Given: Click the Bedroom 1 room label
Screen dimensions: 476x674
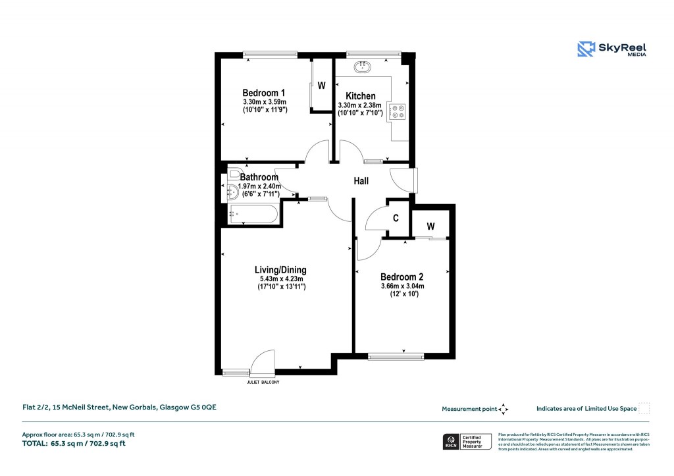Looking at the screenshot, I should click(x=263, y=92).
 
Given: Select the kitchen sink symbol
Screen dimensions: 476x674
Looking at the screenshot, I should click(x=363, y=66).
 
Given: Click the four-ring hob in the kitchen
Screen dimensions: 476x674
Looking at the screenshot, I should click(x=398, y=112).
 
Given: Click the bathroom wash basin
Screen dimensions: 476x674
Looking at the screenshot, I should click(x=234, y=192).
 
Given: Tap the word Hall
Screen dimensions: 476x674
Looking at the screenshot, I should click(x=361, y=181).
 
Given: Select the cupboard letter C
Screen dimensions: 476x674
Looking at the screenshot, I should click(x=396, y=218).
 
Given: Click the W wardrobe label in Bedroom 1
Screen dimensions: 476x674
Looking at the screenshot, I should click(x=322, y=86).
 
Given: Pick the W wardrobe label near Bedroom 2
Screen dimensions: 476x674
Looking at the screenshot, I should click(x=430, y=226).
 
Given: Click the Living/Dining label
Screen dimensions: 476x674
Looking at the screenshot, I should click(x=280, y=270).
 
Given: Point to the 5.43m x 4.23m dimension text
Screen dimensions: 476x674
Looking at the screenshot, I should click(x=280, y=279).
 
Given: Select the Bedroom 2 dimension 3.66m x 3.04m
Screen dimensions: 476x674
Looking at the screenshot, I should click(x=403, y=286).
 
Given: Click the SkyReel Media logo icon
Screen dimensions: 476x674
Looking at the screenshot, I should click(x=586, y=49).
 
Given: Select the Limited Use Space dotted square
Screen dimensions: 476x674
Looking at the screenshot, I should click(x=644, y=408).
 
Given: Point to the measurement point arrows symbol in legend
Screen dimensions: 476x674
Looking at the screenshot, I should click(x=504, y=409).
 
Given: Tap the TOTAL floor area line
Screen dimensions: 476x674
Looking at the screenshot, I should click(x=74, y=443).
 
